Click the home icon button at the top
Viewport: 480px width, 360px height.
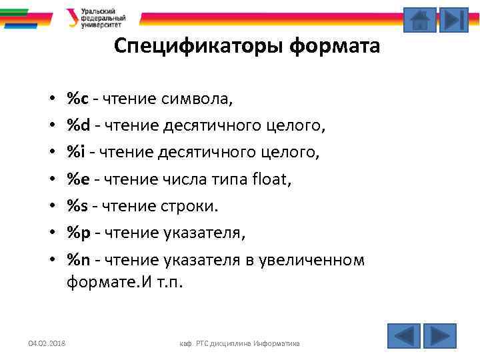420,20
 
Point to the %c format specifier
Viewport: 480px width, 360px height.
77,99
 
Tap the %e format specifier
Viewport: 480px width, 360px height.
78,179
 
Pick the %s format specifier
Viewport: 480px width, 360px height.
77,206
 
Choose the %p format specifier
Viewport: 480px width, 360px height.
78,233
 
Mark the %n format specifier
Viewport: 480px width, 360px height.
78,259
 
